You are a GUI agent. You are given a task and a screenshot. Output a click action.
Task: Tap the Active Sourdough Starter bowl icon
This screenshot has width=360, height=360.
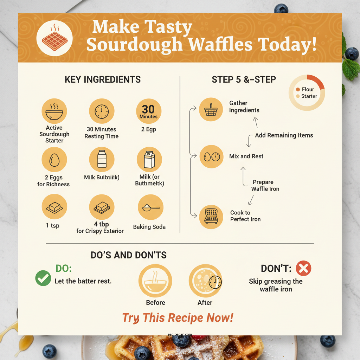click(x=54, y=111)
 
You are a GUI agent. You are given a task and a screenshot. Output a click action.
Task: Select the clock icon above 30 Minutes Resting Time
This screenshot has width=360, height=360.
click(x=102, y=111)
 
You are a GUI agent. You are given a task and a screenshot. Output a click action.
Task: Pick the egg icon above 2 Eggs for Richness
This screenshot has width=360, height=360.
click(x=54, y=160)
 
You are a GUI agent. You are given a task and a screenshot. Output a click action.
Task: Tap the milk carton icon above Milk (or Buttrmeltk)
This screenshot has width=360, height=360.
click(x=149, y=160)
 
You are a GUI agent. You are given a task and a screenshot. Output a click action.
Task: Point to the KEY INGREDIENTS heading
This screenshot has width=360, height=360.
click(x=103, y=79)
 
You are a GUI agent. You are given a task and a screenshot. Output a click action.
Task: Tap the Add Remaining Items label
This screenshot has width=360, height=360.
click(x=284, y=135)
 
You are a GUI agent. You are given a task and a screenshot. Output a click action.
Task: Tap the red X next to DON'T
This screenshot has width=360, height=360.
click(x=303, y=269)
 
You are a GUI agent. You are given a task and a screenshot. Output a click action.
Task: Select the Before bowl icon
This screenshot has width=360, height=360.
click(x=155, y=281)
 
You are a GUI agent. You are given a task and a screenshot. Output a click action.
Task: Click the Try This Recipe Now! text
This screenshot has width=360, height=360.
click(x=178, y=318)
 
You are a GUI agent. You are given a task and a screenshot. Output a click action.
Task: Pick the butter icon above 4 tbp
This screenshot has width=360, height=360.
click(x=102, y=207)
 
